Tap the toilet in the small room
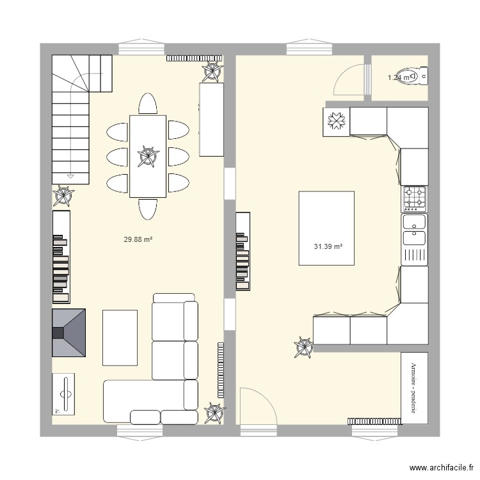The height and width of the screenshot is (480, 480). point(417,76)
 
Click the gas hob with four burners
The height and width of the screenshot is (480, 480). point(415,199)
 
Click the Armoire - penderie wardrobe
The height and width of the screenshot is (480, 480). point(414,388)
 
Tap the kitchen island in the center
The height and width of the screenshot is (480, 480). point(326,228)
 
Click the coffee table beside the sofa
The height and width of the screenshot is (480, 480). point(120,337)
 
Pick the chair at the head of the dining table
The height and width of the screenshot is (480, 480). point(148,103)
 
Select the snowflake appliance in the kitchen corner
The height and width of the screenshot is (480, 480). point(337,122)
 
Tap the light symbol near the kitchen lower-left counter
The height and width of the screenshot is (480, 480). point(303,348)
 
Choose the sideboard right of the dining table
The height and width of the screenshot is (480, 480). point(211,120)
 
